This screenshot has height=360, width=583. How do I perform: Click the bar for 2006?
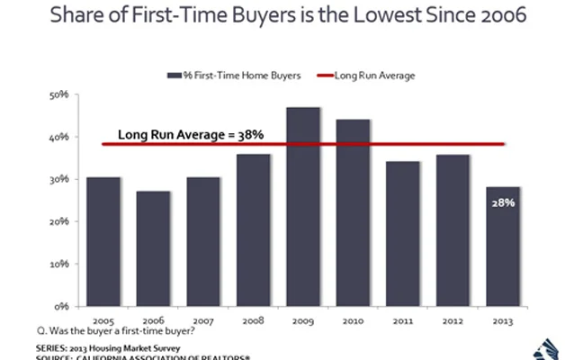coord(154,248)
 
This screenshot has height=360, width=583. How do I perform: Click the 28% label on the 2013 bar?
coord(503,202)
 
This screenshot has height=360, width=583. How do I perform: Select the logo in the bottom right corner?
coord(550,347)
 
